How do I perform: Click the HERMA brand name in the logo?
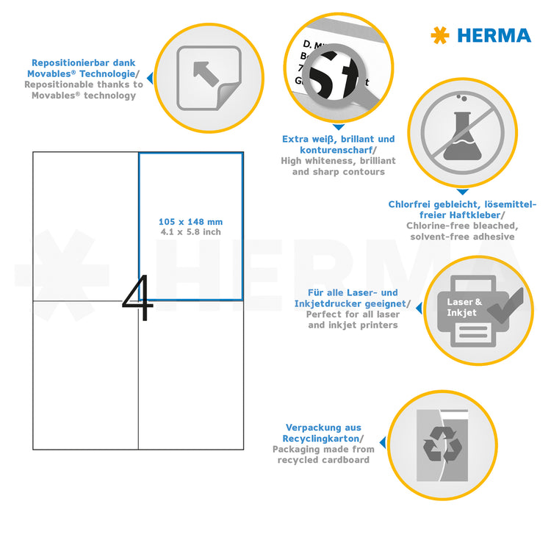tap(494, 35)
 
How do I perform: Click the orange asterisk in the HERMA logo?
tap(439, 35)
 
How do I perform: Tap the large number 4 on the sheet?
tap(138, 299)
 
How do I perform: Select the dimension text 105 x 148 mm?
tap(190, 222)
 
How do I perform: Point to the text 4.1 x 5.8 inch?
tap(190, 232)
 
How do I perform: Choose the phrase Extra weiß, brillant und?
tap(339, 139)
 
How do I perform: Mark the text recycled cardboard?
tap(323, 460)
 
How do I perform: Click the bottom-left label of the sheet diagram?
tap(86, 375)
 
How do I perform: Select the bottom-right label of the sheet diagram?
tap(190, 375)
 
